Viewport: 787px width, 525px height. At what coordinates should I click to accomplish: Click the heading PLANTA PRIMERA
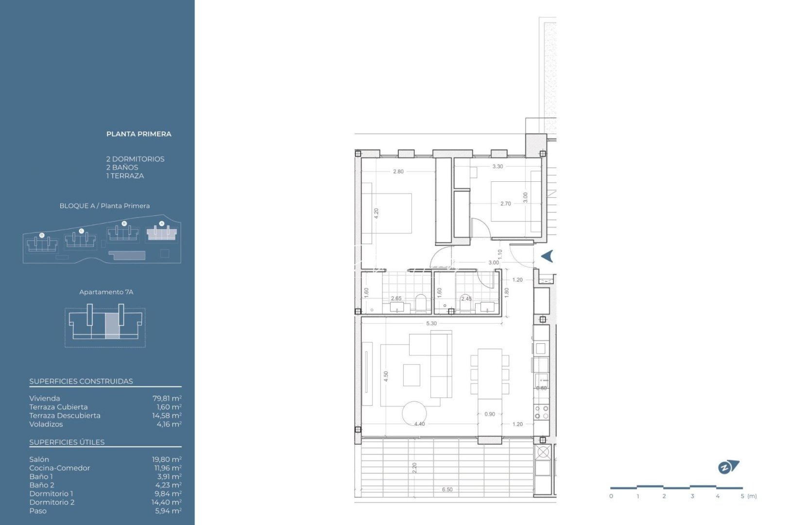coord(138,134)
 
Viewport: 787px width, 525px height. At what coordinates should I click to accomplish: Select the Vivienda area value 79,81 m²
coord(167,399)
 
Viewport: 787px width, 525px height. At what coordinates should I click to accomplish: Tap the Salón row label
coord(39,459)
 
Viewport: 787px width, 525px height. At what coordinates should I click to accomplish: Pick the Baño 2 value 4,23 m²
coord(168,485)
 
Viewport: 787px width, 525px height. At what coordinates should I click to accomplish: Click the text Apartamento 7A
coord(106,292)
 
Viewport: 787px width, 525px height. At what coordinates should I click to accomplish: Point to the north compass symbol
coord(728,467)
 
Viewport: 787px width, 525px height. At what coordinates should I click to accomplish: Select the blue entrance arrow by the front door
coord(547,256)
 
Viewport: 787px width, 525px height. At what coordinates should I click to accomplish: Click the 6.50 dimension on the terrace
coord(447,490)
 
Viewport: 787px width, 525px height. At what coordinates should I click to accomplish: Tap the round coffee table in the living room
coord(414,413)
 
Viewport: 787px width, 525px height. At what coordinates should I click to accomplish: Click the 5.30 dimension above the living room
coord(431,323)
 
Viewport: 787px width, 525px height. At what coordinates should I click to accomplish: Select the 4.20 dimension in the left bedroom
coord(376,213)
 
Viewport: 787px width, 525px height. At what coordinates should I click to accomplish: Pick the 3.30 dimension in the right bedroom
coord(497,166)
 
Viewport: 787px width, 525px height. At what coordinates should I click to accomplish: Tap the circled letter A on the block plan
coord(162,224)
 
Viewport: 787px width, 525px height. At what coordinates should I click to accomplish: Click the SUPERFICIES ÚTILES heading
coord(67,442)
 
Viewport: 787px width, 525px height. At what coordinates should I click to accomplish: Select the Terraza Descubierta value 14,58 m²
coord(167,416)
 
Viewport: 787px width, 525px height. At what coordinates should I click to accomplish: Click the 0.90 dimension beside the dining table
coord(490,414)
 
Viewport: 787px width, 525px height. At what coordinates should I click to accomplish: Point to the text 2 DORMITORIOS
coord(135,159)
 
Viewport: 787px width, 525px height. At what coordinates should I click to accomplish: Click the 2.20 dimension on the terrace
coord(414,468)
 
